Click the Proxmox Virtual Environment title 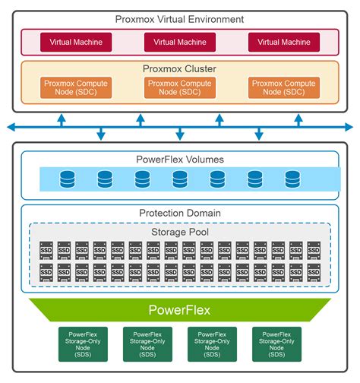[x=179, y=19]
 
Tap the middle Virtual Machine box [x=179, y=42]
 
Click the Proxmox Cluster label [x=179, y=68]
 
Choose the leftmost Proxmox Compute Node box [x=75, y=87]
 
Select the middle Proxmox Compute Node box [x=179, y=87]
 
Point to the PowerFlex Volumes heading [x=179, y=160]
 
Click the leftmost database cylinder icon [x=68, y=179]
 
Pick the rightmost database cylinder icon [x=292, y=179]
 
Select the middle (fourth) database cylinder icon [x=180, y=179]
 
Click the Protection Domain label [x=179, y=214]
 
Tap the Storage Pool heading [x=179, y=231]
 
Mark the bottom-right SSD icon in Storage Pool [x=313, y=272]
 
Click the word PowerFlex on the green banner [x=179, y=309]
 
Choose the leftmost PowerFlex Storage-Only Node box [x=82, y=344]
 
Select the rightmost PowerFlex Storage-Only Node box [x=276, y=344]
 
